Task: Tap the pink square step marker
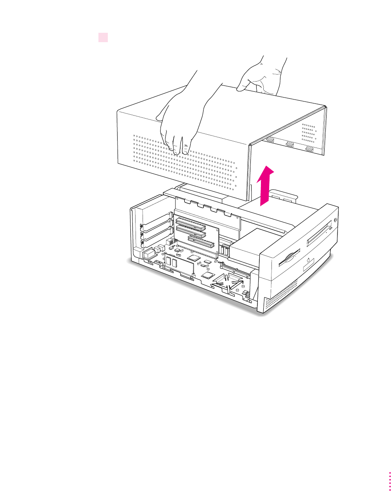(103, 37)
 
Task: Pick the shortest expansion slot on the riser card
(200, 242)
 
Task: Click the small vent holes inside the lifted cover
(309, 133)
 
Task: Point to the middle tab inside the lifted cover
(290, 144)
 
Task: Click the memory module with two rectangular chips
(179, 265)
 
